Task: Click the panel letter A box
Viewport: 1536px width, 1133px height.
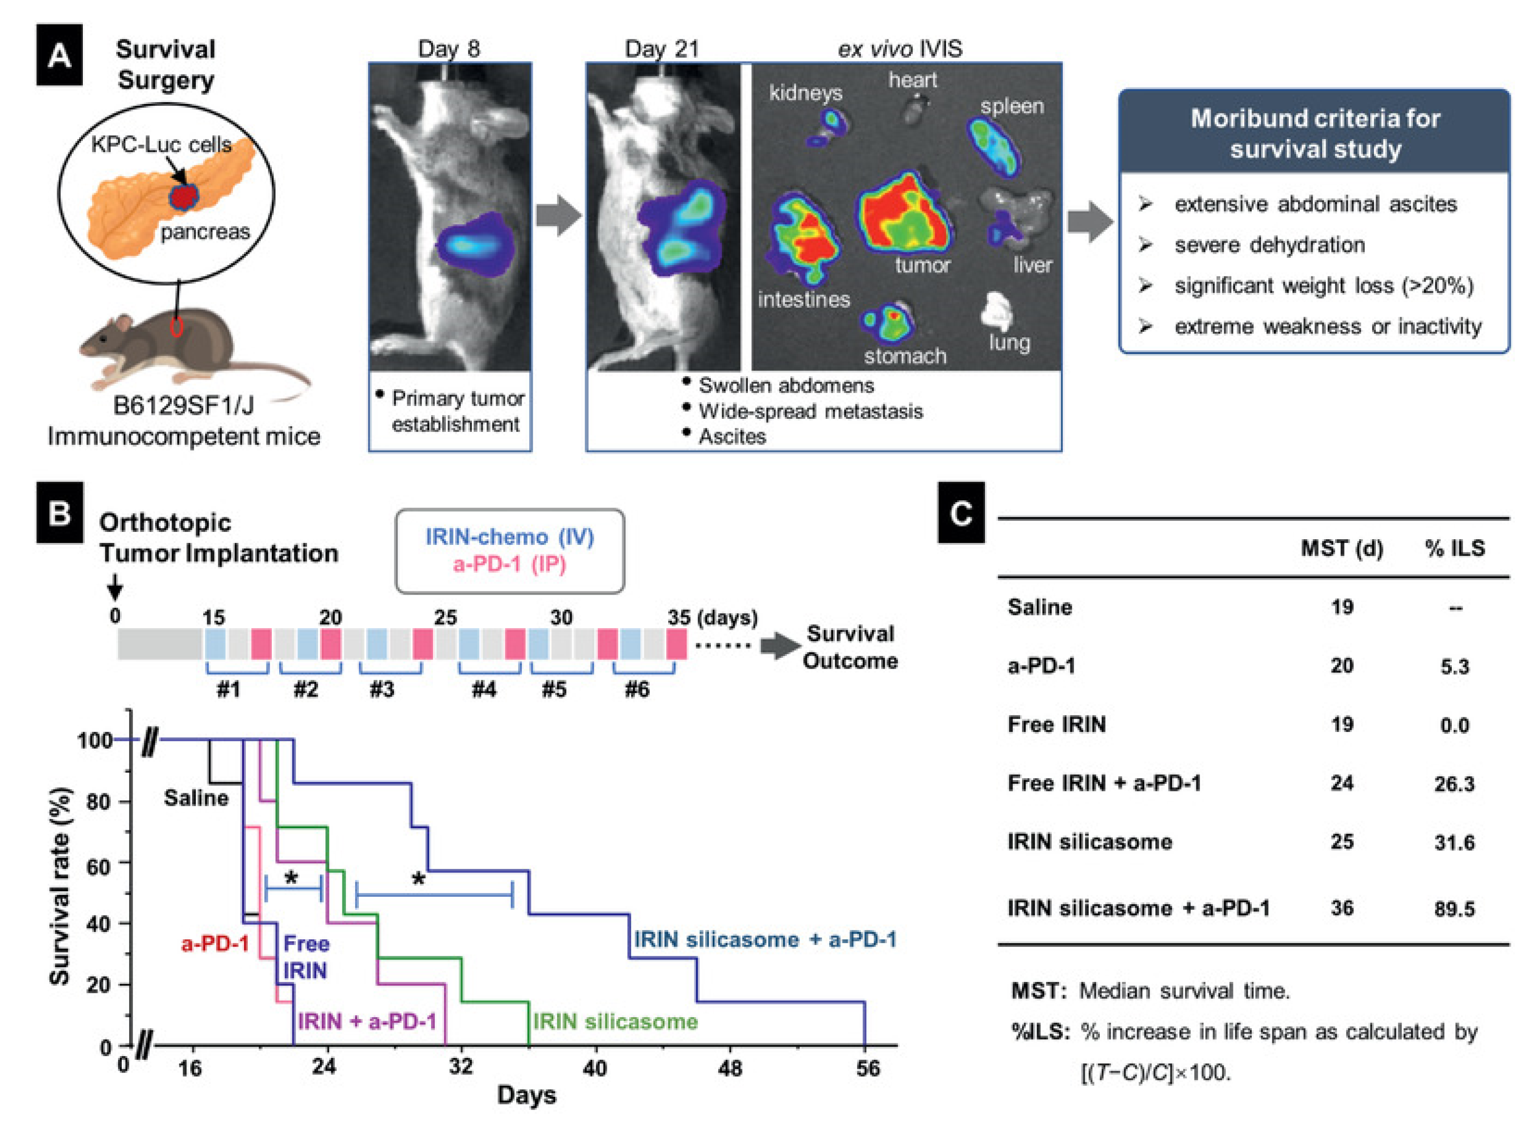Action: pyautogui.click(x=59, y=55)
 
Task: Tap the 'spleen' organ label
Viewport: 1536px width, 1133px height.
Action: pyautogui.click(x=1011, y=106)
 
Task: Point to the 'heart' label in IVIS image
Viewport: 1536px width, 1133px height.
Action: pyautogui.click(x=912, y=80)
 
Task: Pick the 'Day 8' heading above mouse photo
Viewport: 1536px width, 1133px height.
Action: pyautogui.click(x=449, y=49)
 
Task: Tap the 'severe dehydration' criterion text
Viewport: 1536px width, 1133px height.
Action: pyautogui.click(x=1269, y=245)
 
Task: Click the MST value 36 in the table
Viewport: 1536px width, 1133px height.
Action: pyautogui.click(x=1341, y=908)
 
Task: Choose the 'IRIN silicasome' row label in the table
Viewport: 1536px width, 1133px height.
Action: pyautogui.click(x=1090, y=842)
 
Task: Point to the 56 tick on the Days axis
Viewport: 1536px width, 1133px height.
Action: pyautogui.click(x=867, y=1068)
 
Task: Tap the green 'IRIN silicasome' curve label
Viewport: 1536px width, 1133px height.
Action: pyautogui.click(x=615, y=1021)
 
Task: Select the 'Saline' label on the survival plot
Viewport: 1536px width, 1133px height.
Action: pyautogui.click(x=196, y=797)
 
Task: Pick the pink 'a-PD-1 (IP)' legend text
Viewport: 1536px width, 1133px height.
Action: pyautogui.click(x=509, y=564)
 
